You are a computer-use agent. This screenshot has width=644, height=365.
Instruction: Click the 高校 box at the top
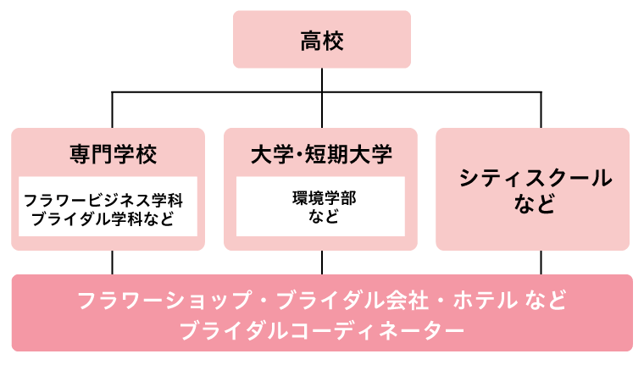(322, 39)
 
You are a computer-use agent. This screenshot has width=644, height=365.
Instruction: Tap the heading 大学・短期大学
(321, 155)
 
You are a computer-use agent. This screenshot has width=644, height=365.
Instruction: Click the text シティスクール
(534, 178)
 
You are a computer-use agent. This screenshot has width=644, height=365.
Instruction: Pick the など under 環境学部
(321, 217)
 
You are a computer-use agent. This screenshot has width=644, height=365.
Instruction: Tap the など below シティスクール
(534, 204)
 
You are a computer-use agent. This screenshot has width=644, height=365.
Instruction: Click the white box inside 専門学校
(108, 207)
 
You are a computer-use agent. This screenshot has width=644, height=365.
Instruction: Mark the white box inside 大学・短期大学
(320, 207)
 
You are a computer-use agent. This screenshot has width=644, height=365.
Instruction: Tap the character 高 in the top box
(311, 40)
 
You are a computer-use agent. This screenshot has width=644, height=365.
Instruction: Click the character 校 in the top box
(333, 40)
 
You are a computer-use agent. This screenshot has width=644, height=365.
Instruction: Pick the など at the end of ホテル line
(546, 301)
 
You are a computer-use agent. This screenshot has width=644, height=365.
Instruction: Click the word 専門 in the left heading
(92, 155)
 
